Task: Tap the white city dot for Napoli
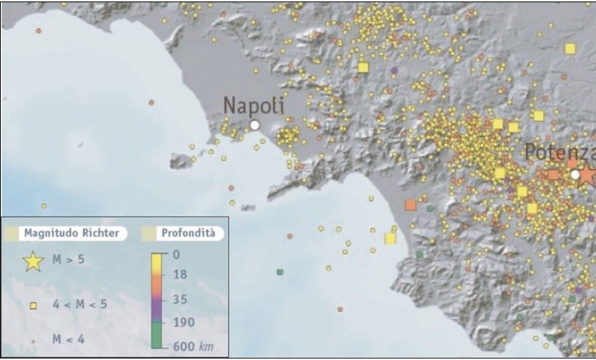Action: point(255,124)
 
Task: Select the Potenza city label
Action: point(558,153)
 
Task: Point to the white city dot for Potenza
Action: point(576,175)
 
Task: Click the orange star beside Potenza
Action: point(588,176)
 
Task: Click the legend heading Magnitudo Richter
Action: point(70,233)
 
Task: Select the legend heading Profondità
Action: point(188,233)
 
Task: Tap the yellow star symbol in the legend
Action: point(32,261)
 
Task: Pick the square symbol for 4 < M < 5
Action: point(32,306)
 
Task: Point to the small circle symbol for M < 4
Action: point(32,340)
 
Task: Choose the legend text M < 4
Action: point(69,340)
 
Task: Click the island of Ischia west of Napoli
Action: point(181,160)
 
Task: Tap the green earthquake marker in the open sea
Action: point(280,271)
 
